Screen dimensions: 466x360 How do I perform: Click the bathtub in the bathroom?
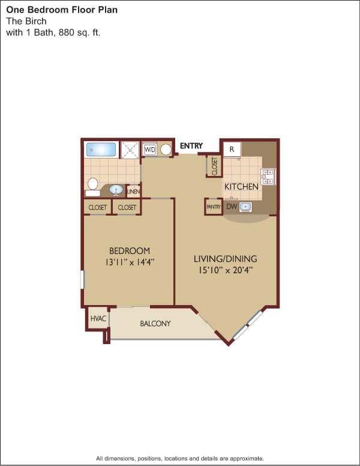coord(101,149)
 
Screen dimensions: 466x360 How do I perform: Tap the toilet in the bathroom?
coord(93,186)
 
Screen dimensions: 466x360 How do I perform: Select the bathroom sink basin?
coord(116,190)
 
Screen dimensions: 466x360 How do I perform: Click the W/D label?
coord(150,149)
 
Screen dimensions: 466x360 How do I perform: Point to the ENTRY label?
coord(191,146)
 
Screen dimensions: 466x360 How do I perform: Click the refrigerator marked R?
coord(232,149)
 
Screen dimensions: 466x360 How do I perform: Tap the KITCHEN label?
coord(241,187)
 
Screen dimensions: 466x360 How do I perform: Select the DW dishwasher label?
coord(232,207)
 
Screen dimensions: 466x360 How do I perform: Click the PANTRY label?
coord(214,207)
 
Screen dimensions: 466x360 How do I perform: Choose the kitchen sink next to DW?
coord(246,207)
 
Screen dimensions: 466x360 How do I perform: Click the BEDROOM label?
coord(130,250)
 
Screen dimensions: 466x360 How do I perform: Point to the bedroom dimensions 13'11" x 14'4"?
coord(130,262)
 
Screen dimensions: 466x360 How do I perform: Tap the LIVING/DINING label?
coord(225,259)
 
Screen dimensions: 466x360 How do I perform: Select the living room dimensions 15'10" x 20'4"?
coord(225,270)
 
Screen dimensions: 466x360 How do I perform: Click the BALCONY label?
coord(155,324)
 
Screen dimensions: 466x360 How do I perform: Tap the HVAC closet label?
coord(98,318)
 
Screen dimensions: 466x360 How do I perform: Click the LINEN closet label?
coord(133,192)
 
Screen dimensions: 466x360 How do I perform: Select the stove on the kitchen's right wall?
coord(268,176)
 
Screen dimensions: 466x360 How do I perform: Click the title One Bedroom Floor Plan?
coord(62,10)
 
